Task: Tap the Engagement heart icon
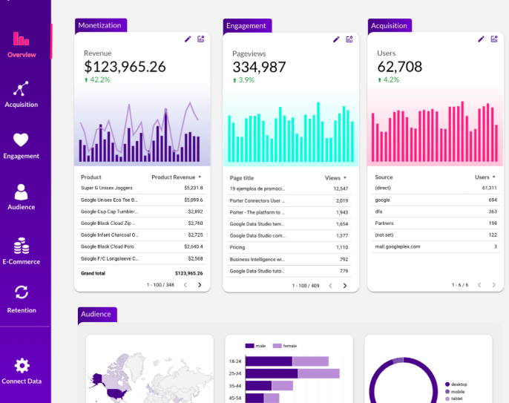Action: (x=21, y=140)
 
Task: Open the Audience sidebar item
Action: (x=22, y=196)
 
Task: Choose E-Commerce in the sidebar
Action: (x=22, y=250)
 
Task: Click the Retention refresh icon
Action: (x=22, y=292)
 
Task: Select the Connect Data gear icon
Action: (x=22, y=365)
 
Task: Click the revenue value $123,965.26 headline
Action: (x=125, y=67)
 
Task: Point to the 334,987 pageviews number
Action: (x=259, y=67)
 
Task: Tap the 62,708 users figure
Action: (x=399, y=67)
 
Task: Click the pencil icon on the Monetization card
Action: (x=188, y=39)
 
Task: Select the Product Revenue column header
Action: (x=174, y=177)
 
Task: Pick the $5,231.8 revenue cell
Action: (x=193, y=188)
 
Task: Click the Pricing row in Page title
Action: (x=237, y=247)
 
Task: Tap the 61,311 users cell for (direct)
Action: (x=487, y=188)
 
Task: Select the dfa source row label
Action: (x=378, y=212)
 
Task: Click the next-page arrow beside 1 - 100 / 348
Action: (x=199, y=285)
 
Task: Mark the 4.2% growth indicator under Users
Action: (x=389, y=79)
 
